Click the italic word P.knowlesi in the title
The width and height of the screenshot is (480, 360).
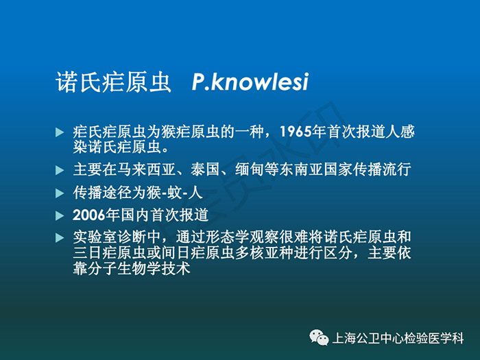tap(250, 82)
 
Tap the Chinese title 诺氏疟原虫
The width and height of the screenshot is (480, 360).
tap(113, 82)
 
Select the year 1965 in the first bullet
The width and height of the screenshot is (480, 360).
tap(296, 132)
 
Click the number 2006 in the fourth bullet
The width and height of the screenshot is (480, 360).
tap(88, 215)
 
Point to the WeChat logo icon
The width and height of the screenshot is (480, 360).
tap(319, 337)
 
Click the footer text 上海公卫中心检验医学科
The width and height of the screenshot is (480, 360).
tap(398, 338)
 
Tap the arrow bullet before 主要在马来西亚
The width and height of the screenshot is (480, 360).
tap(60, 170)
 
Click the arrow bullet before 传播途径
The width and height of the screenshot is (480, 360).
tap(60, 193)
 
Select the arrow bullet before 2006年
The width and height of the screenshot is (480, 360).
tap(60, 216)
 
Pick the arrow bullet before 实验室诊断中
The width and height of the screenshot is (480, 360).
tap(60, 238)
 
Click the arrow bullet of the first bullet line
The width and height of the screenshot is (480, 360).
tap(60, 132)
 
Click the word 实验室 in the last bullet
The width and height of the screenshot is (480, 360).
tap(95, 237)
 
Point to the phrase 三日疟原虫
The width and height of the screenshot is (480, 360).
tap(110, 253)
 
